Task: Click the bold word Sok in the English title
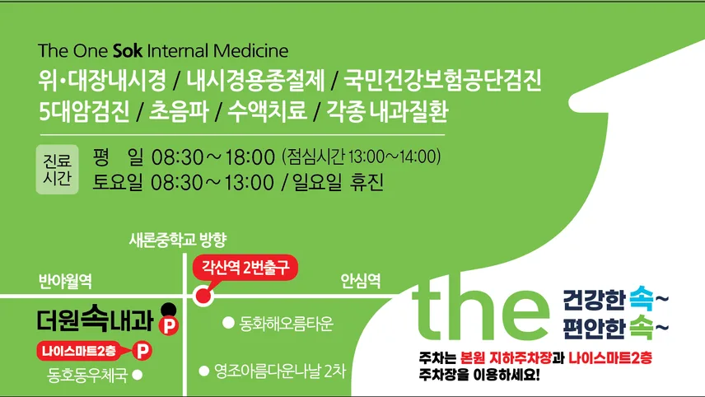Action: click(127, 51)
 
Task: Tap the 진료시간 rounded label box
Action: click(57, 170)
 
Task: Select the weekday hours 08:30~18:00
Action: click(213, 157)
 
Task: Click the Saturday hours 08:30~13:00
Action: click(212, 183)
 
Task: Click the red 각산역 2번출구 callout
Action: click(245, 268)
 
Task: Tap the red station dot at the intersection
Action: click(203, 296)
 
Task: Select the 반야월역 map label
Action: click(65, 282)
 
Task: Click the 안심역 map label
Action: click(361, 281)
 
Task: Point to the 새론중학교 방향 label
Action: click(178, 240)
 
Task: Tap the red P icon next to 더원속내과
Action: click(169, 325)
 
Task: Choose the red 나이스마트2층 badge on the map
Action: click(79, 351)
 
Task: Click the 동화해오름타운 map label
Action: click(286, 323)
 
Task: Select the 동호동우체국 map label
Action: click(87, 375)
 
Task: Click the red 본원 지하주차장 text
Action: click(506, 358)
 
